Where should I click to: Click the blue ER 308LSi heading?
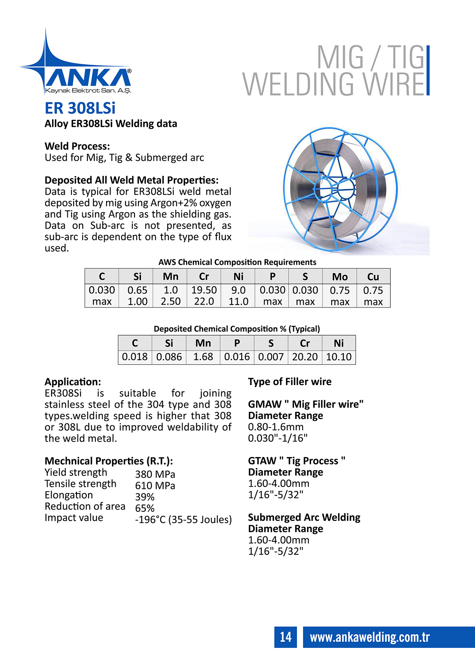coord(80,108)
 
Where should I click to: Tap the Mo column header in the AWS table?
coord(340,277)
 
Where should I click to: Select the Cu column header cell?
coord(373,277)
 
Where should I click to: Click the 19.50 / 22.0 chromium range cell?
coord(204,295)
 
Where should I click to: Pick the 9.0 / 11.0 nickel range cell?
coord(238,295)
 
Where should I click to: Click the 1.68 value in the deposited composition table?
coord(203,357)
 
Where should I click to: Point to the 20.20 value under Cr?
coord(305,357)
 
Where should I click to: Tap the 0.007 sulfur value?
coord(271,357)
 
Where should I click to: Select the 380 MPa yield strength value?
coord(155,474)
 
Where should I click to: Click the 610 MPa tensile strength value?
coord(155,486)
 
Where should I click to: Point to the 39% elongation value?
coord(145,497)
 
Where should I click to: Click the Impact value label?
coord(74,518)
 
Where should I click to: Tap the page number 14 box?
coord(286,637)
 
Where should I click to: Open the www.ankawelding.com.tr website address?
coord(370,637)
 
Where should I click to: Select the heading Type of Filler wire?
coord(290,382)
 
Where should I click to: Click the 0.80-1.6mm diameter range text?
coord(276,427)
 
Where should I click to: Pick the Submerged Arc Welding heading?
coord(304,517)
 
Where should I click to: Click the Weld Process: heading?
coord(77,146)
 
